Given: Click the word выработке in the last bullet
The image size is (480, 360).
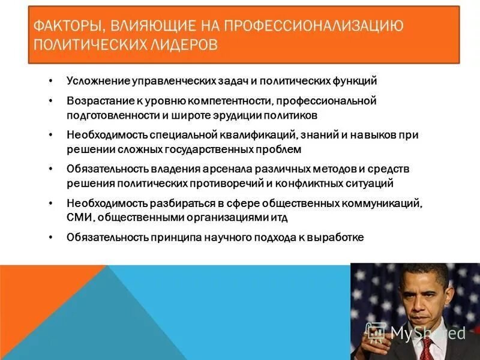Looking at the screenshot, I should [337, 238].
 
